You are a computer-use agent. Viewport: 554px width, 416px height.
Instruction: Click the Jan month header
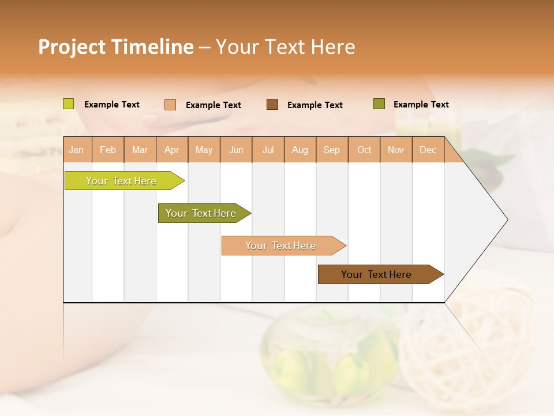pos(76,150)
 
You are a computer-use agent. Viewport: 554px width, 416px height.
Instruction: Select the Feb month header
pos(108,150)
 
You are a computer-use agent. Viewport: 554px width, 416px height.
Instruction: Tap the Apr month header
pos(171,150)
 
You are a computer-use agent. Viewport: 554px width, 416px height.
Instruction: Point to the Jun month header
pos(236,150)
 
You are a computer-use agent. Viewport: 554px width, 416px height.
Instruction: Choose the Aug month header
pos(300,150)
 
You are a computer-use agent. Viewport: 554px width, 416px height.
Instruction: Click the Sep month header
pos(331,150)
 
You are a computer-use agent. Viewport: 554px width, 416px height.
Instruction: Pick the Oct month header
pos(364,150)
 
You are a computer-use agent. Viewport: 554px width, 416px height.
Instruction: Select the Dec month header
pos(428,150)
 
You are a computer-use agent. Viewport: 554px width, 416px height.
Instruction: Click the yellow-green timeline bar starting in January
pos(121,181)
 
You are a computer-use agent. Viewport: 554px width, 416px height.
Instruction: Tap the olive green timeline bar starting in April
pos(201,213)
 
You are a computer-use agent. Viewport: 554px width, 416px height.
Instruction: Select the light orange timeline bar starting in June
pos(280,246)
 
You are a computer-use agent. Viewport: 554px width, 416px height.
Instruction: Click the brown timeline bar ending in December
pos(376,274)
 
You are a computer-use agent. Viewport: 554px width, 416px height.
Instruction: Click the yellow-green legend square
pos(69,104)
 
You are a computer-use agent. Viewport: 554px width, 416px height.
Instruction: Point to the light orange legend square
pos(170,105)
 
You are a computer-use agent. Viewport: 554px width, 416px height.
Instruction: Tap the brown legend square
pos(272,104)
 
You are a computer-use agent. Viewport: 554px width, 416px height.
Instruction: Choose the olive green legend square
pos(379,104)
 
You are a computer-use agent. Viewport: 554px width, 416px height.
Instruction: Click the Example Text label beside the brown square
pos(315,105)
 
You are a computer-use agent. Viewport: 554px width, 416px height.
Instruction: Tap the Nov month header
pos(396,150)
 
